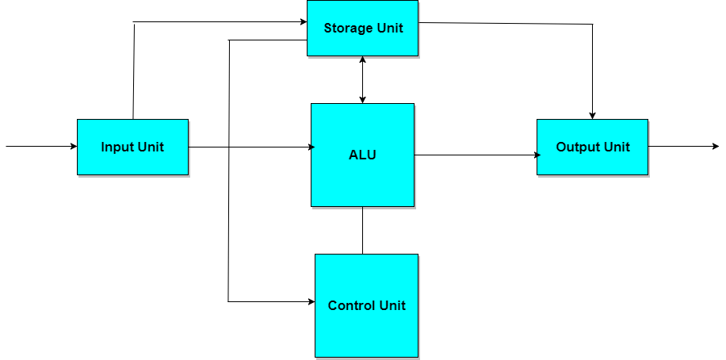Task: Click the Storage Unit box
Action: (x=362, y=28)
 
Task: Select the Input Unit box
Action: (x=132, y=147)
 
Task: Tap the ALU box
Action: (x=362, y=155)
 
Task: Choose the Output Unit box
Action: (x=592, y=147)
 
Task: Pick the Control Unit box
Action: (x=366, y=305)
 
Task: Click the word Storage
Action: (x=349, y=29)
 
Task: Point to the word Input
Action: (x=117, y=147)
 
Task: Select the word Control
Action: (x=352, y=306)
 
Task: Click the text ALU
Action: (x=362, y=155)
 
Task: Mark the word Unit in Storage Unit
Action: (x=390, y=29)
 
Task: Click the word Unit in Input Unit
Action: (x=151, y=147)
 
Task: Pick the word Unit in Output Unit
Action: (x=617, y=147)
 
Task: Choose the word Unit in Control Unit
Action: (x=392, y=306)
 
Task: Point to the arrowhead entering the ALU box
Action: (x=313, y=147)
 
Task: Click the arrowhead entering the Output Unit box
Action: (x=539, y=155)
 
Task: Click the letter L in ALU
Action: (x=363, y=155)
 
